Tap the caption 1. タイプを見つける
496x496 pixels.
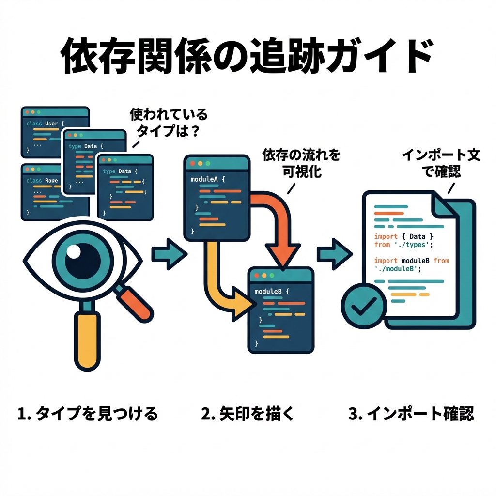click(87, 414)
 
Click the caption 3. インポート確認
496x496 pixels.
click(411, 414)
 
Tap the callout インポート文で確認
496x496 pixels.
click(441, 163)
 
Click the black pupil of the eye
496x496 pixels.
click(83, 260)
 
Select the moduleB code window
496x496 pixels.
click(280, 310)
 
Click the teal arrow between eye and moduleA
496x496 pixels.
click(169, 253)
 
